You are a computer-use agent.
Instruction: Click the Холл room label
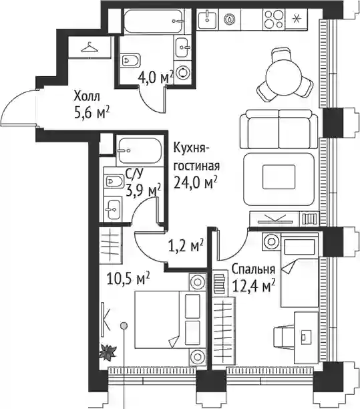pos(87,97)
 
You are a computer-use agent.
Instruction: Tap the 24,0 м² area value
pos(196,183)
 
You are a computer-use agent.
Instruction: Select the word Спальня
pos(253,269)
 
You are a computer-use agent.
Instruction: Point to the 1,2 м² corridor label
pos(186,246)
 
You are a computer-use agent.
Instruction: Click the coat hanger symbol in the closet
pos(89,47)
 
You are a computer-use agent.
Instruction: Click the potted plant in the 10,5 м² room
pos(108,352)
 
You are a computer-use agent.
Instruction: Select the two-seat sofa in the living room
pos(279,130)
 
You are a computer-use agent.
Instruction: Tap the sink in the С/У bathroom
pos(112,208)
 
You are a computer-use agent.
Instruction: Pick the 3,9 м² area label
pos(144,190)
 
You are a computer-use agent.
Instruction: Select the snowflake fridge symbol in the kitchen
pos(296,19)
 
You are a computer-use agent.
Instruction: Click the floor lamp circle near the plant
pos(124,325)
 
